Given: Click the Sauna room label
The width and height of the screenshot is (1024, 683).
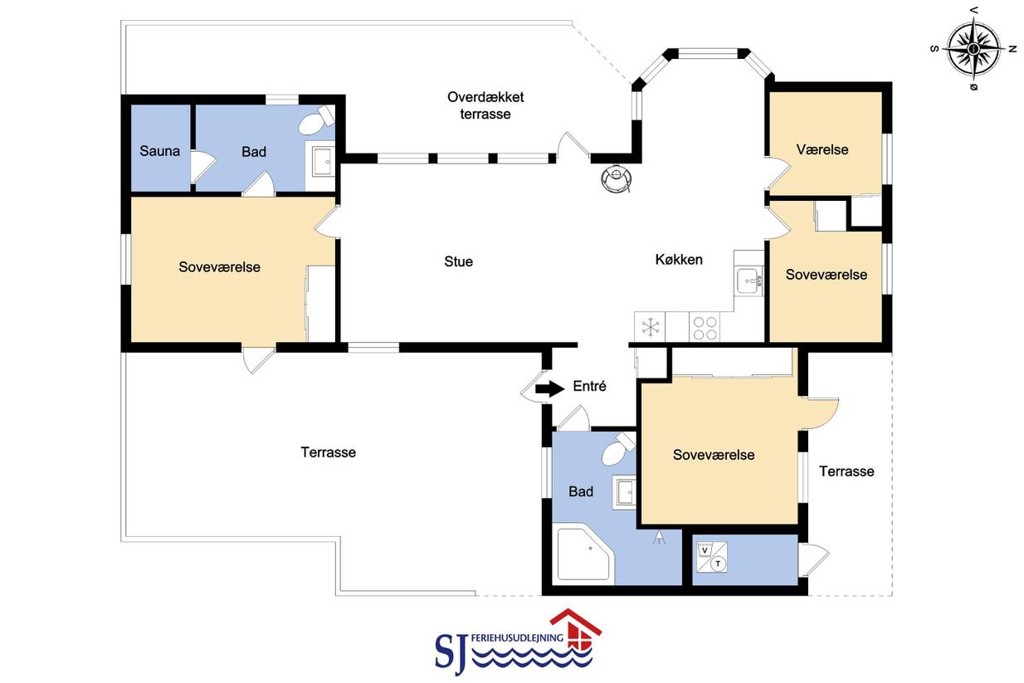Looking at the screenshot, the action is tap(159, 151).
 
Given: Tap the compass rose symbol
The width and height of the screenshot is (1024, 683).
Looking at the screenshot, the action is tap(973, 48).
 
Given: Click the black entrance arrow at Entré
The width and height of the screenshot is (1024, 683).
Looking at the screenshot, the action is tap(550, 388).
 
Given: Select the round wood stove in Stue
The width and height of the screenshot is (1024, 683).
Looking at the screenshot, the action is tap(617, 178).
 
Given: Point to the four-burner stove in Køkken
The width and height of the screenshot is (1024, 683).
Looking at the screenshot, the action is tap(705, 328).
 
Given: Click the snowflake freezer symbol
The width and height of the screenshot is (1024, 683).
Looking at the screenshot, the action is tap(650, 327).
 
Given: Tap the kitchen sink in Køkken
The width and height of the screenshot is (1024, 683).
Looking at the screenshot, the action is tap(748, 281).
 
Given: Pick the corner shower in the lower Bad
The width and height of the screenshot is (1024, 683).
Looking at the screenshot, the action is tap(583, 554).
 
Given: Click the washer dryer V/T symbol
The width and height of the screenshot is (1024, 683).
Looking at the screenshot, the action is tap(712, 558).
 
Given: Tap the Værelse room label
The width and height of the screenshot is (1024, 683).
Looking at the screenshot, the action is tap(822, 149).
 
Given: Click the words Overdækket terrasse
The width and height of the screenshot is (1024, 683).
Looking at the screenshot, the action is tap(485, 105).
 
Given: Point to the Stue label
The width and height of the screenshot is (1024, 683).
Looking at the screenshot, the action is tap(459, 261).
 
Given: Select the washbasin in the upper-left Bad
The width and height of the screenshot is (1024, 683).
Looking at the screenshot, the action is tap(324, 161).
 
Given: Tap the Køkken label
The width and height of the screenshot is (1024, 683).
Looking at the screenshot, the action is tap(679, 260).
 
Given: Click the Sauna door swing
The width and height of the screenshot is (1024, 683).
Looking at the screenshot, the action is tap(202, 166).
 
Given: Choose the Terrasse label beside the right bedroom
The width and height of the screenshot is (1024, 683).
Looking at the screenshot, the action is tap(846, 471).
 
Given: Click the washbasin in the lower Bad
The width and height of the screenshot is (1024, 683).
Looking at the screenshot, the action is tap(625, 492).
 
